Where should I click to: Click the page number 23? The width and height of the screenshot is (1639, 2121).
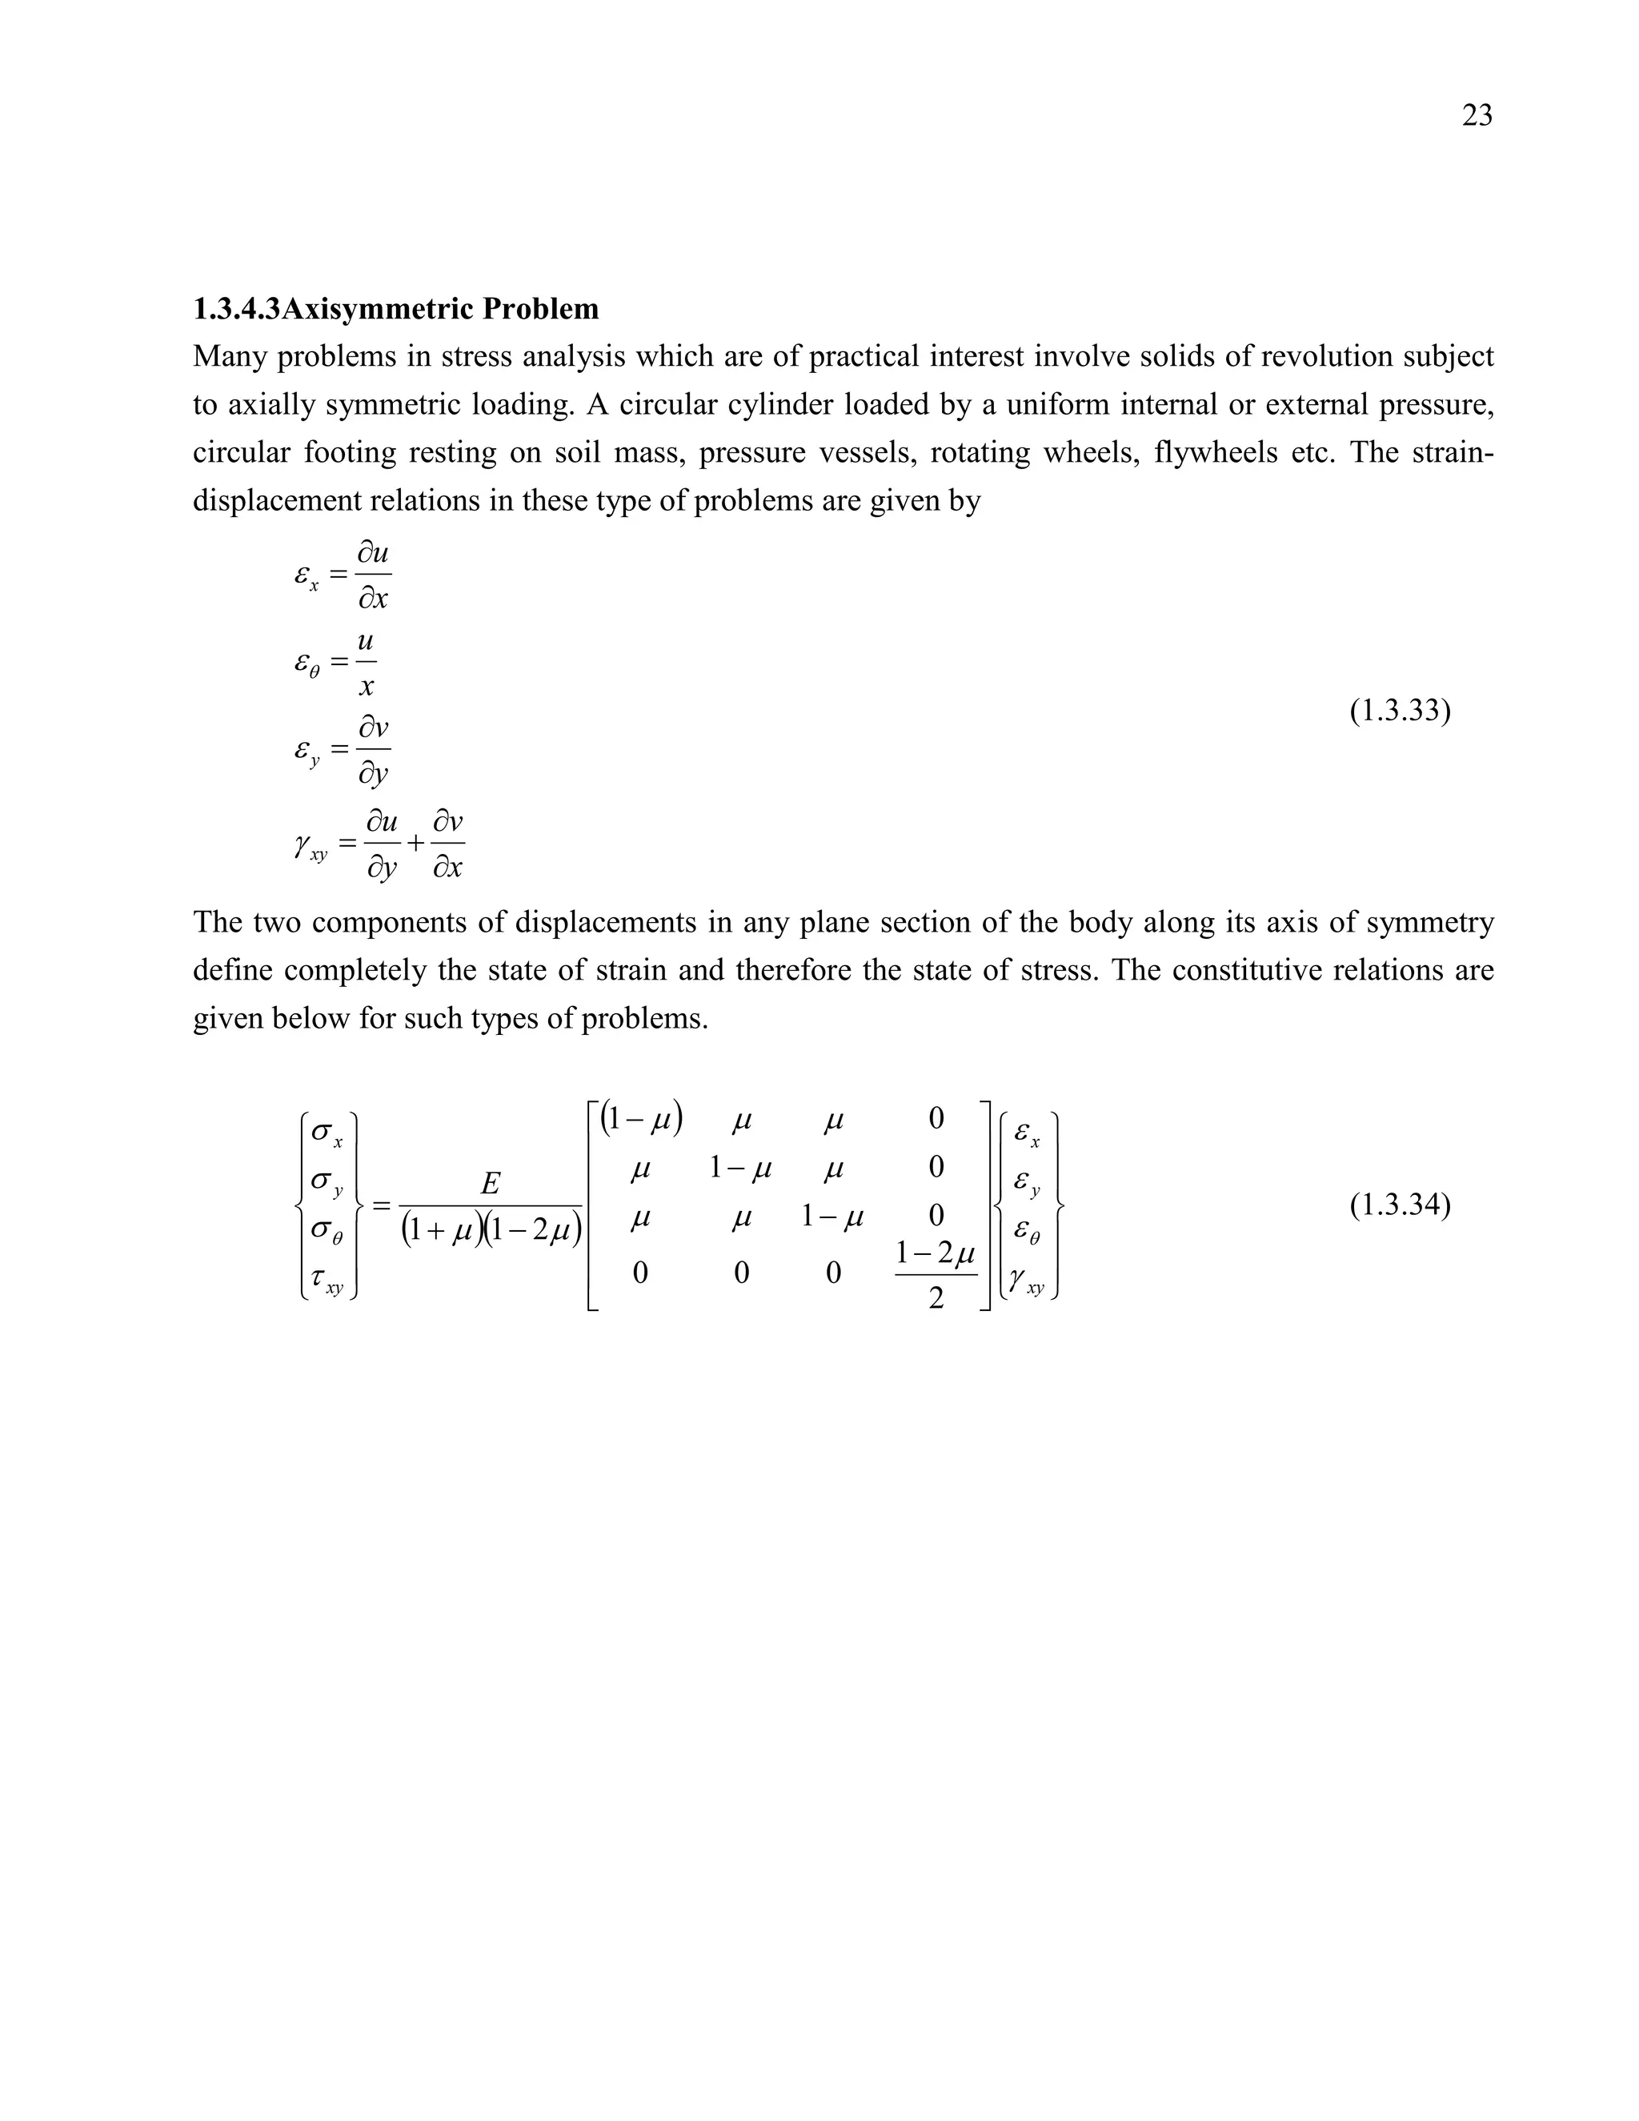click(x=1477, y=115)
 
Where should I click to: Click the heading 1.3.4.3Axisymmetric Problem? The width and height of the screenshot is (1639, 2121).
click(x=395, y=309)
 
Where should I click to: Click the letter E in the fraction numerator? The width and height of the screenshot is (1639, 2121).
click(x=491, y=1183)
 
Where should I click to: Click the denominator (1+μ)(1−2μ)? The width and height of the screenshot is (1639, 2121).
click(x=491, y=1232)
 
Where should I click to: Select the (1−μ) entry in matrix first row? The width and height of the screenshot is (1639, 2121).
click(x=641, y=1120)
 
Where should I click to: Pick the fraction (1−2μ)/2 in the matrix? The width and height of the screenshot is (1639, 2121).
click(x=935, y=1275)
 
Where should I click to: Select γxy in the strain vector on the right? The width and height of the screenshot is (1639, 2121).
click(x=1026, y=1284)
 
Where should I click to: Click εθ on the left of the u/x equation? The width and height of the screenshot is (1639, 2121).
click(x=308, y=664)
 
